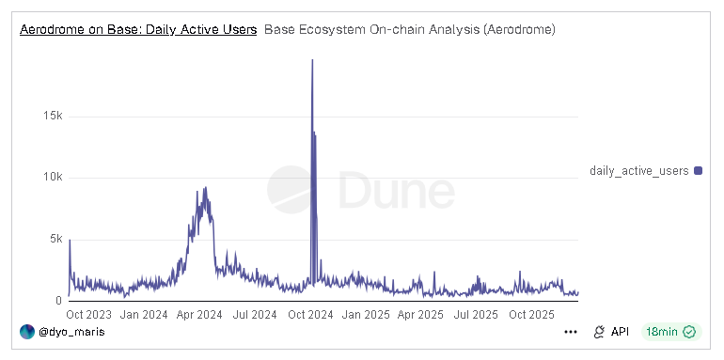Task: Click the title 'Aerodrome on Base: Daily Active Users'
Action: tap(138, 30)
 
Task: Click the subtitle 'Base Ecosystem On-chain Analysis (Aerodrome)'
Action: tap(410, 30)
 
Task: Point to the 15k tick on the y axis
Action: tap(51, 116)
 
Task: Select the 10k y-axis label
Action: tap(51, 178)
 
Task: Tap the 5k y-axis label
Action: tap(55, 239)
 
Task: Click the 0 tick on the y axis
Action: tap(58, 301)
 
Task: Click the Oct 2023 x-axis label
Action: tap(90, 315)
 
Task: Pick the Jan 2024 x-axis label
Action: tap(144, 315)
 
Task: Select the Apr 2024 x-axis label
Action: tap(198, 315)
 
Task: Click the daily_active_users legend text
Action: tap(639, 170)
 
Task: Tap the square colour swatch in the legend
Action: tap(698, 170)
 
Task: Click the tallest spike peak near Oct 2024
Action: tap(312, 60)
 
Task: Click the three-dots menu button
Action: tap(570, 332)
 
